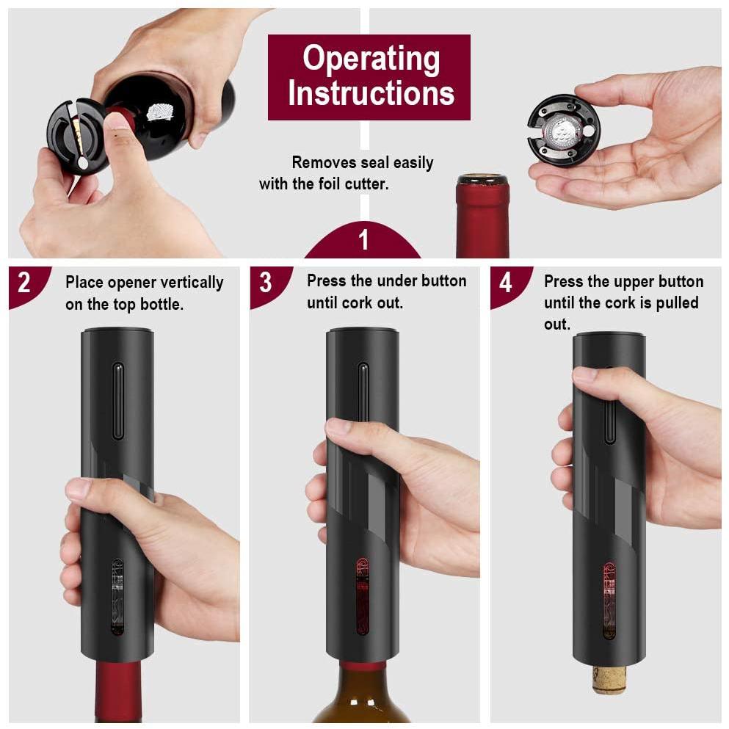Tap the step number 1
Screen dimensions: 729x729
363,240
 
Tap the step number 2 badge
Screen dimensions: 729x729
24,282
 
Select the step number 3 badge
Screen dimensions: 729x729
265,282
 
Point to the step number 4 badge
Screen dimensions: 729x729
506,282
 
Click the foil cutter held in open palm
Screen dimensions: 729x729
563,129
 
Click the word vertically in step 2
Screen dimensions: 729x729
186,283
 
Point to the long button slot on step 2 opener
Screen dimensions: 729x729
117,400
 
